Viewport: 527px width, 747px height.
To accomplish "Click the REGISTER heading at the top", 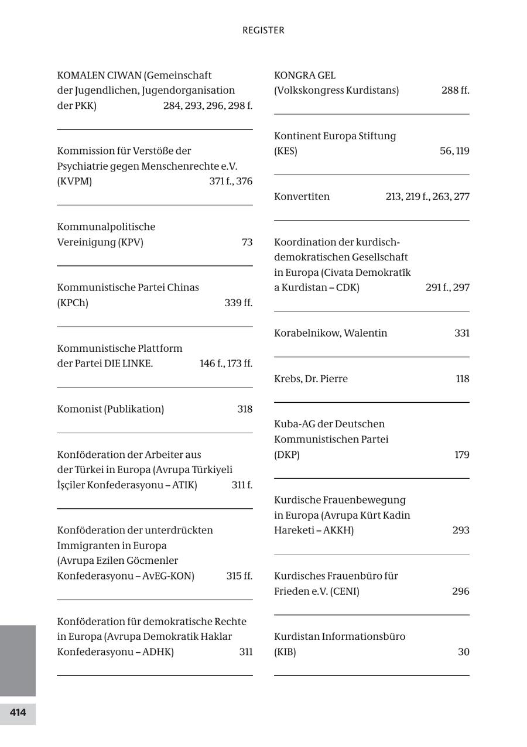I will (263, 30).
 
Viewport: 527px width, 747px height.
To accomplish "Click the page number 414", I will (18, 712).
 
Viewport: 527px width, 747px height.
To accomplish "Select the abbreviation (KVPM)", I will (74, 181).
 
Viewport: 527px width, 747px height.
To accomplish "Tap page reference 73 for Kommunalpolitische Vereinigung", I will (247, 242).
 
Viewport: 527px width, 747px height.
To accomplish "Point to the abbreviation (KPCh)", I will (73, 303).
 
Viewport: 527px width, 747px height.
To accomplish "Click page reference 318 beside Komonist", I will (245, 409).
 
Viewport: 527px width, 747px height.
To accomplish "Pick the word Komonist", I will (79, 409).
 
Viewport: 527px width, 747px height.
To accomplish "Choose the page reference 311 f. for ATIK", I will (242, 485).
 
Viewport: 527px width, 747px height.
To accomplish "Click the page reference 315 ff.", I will (239, 576).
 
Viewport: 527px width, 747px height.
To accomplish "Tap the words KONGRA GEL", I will (304, 76).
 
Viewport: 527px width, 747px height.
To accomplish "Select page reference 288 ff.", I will (456, 91).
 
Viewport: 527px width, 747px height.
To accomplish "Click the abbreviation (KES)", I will (285, 151).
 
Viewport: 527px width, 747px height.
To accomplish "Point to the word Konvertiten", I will (302, 197).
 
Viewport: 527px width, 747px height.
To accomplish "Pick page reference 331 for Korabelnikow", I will (462, 333).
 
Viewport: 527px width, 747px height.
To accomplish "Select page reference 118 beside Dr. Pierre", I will (463, 379).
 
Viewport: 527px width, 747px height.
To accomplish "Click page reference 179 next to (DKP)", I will (462, 455).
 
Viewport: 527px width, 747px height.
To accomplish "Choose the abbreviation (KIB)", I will (285, 652).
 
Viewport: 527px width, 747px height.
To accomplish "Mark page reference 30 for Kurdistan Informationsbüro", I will (464, 652).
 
